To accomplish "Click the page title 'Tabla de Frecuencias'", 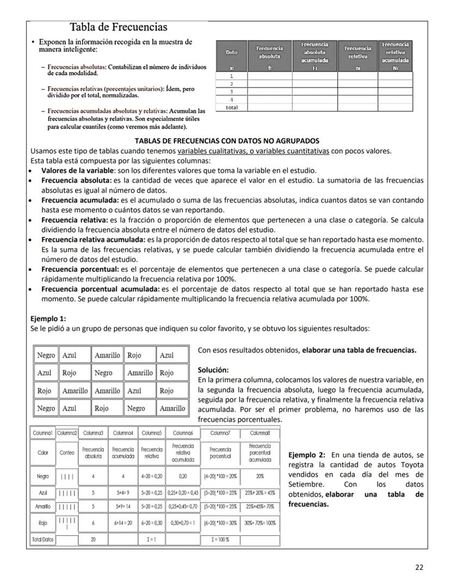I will (118, 27).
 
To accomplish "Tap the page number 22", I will (419, 567).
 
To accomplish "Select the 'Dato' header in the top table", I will (232, 52).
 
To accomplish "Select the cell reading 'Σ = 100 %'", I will (220, 540).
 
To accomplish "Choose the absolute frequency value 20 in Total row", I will (93, 540).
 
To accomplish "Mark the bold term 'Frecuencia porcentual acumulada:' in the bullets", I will (100, 290).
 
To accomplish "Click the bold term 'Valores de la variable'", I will (79, 170).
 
